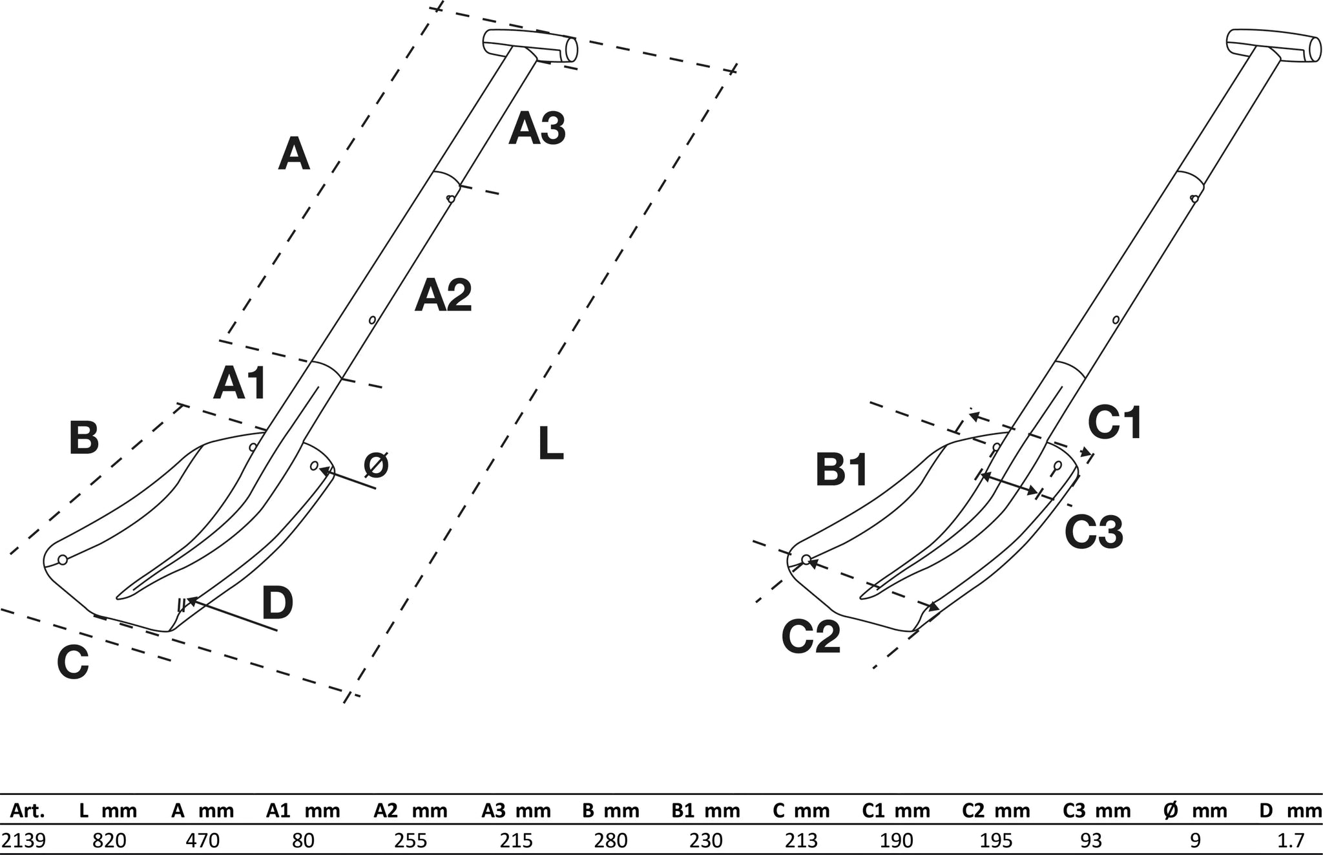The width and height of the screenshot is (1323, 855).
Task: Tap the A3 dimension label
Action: pos(537,129)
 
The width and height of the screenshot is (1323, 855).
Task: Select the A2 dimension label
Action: pos(443,296)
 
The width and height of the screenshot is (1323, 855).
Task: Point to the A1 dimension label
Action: pos(240,383)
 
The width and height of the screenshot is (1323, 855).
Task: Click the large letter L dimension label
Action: pos(550,445)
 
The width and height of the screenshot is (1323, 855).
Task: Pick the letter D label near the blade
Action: pos(277,602)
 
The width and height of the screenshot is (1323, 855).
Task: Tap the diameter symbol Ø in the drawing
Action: pos(376,465)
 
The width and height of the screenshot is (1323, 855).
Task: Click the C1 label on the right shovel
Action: pos(1115,423)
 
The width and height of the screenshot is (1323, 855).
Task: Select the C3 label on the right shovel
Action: pos(1094,532)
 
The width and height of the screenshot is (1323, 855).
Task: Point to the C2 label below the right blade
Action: pos(811,637)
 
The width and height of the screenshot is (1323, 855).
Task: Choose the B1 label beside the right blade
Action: pos(842,470)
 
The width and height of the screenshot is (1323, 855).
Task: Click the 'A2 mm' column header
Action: pos(411,810)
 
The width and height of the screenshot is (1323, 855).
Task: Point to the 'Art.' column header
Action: pos(27,810)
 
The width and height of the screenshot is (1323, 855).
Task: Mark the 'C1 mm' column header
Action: pos(896,810)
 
